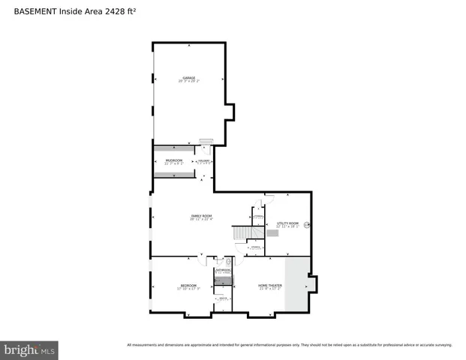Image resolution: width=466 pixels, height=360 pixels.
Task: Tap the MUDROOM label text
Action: [164, 160]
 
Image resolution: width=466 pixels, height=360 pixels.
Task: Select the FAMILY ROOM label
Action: [201, 217]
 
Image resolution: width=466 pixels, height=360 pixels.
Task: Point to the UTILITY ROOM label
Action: [287, 223]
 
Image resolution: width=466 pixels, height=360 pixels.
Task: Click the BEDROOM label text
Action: [188, 285]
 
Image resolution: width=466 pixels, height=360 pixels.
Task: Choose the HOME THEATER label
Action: [269, 285]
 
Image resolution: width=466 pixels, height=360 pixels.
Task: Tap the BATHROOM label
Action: [223, 270]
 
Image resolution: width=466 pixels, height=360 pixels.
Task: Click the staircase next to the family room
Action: [239, 234]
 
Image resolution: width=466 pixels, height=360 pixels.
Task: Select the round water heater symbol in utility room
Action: [306, 223]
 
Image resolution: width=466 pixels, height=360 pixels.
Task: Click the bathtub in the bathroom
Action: [223, 281]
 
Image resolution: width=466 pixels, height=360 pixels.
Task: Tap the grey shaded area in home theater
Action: [296, 285]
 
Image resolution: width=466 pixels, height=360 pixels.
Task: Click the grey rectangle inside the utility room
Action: [272, 233]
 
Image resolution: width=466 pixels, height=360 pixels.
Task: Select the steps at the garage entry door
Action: [206, 140]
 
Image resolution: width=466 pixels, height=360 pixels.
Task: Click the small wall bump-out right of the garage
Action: [230, 112]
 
